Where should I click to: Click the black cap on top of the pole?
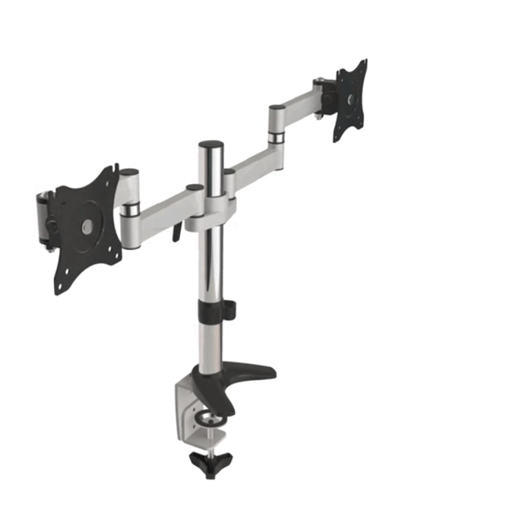point(211,144)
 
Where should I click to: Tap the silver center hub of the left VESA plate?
point(85,225)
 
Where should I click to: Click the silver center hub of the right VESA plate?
point(350,99)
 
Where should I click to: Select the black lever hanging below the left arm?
point(177,230)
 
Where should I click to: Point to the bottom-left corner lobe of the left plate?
point(59,286)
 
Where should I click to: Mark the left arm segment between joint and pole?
point(163,207)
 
